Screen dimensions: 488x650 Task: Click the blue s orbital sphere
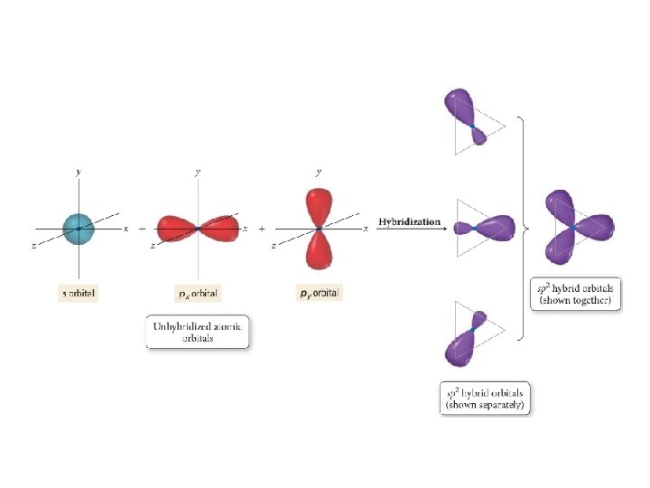tap(79, 228)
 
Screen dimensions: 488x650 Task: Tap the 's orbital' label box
tap(78, 293)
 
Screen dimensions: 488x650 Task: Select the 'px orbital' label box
tap(198, 293)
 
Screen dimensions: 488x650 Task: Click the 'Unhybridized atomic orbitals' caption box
tap(197, 331)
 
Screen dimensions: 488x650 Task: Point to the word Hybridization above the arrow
tap(410, 221)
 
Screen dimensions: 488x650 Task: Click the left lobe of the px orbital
tap(176, 228)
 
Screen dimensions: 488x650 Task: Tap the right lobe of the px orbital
tap(221, 227)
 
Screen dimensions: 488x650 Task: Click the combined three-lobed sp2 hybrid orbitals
tap(576, 226)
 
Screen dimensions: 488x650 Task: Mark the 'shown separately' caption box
tap(487, 398)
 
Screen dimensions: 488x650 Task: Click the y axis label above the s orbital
tap(79, 171)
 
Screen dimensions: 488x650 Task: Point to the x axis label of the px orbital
tap(246, 229)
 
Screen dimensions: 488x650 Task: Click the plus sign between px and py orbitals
tap(262, 230)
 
